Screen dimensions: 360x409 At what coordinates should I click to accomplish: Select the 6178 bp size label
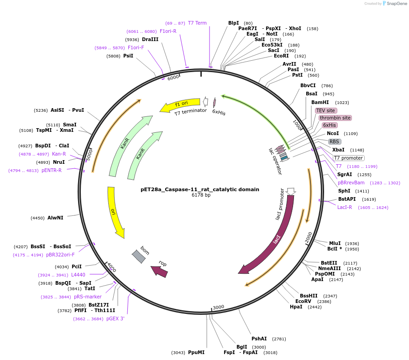coord(201,195)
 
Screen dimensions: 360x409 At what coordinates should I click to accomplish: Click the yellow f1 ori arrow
coord(180,105)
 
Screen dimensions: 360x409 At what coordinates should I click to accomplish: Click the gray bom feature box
coord(139,256)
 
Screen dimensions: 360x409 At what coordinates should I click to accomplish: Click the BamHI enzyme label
coord(320,103)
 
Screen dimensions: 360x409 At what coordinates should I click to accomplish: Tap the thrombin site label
coord(335,118)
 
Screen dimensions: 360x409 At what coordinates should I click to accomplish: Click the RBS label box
coord(335,141)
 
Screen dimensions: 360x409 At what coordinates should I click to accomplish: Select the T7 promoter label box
coord(348,158)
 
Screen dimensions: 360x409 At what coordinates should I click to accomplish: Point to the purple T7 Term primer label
coord(197,23)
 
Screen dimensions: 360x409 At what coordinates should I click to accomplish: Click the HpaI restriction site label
coord(296,307)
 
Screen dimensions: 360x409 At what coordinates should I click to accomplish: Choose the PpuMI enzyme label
coord(196,353)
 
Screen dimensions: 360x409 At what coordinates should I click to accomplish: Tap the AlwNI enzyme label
coord(55,218)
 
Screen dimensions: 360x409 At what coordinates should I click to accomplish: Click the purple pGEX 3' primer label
coord(115,318)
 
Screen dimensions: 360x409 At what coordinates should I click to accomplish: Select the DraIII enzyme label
coord(150,40)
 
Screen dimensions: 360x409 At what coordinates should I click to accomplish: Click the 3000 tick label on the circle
coord(219,307)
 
